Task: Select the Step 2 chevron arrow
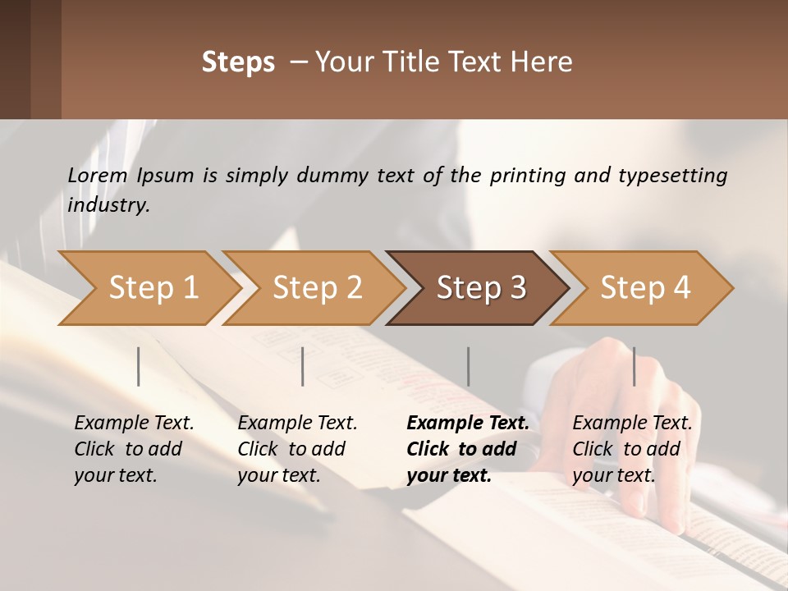pyautogui.click(x=317, y=288)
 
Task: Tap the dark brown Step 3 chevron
pyautogui.click(x=481, y=288)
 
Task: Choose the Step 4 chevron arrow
pyautogui.click(x=645, y=288)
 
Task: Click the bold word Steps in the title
pyautogui.click(x=238, y=62)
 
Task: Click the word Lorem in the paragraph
pyautogui.click(x=97, y=175)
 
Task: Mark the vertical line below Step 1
pyautogui.click(x=139, y=366)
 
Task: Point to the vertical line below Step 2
pyautogui.click(x=303, y=366)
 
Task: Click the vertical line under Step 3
pyautogui.click(x=469, y=366)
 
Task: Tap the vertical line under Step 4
pyautogui.click(x=634, y=366)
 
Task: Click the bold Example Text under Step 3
pyautogui.click(x=468, y=424)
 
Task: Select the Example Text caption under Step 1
pyautogui.click(x=134, y=424)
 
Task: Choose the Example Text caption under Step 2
pyautogui.click(x=297, y=424)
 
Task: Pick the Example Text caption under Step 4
pyautogui.click(x=632, y=424)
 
